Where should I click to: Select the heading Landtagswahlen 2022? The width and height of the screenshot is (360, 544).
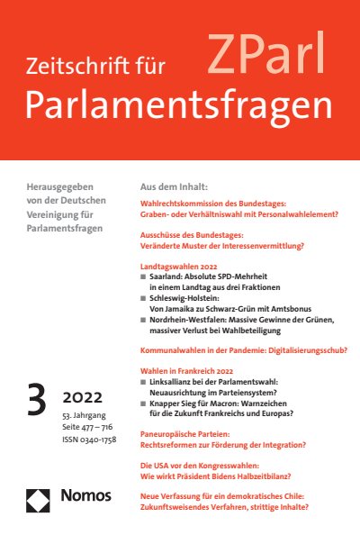181,267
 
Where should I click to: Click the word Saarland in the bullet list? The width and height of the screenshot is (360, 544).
170,279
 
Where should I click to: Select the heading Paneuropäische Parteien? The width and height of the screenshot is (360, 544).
188,432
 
